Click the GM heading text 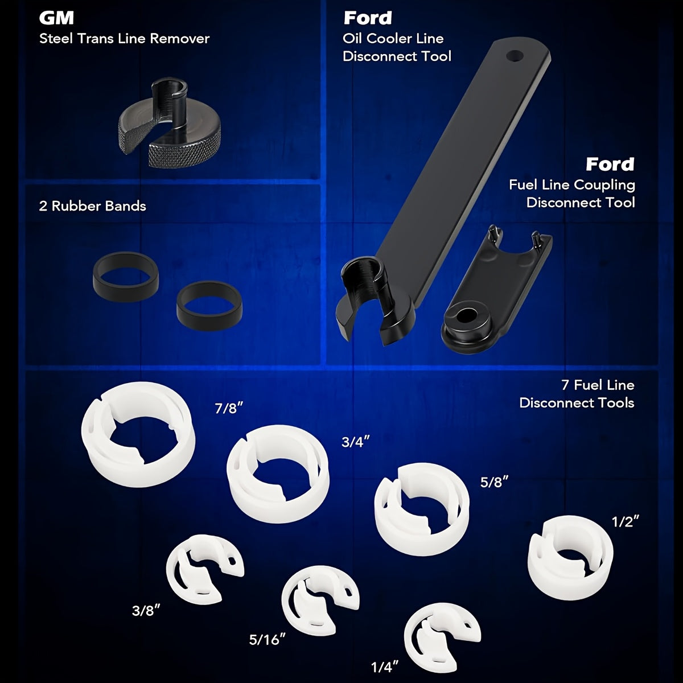pos(56,18)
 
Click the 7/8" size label pos(229,408)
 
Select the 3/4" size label pos(356,442)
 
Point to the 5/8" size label pos(494,482)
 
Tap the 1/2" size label pos(626,522)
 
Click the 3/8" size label pos(146,611)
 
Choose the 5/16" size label pos(268,639)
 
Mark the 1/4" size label pos(385,668)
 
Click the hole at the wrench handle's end pos(515,56)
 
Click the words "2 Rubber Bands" pos(93,206)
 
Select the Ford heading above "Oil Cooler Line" pos(368,18)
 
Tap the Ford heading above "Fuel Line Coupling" pos(610,164)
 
